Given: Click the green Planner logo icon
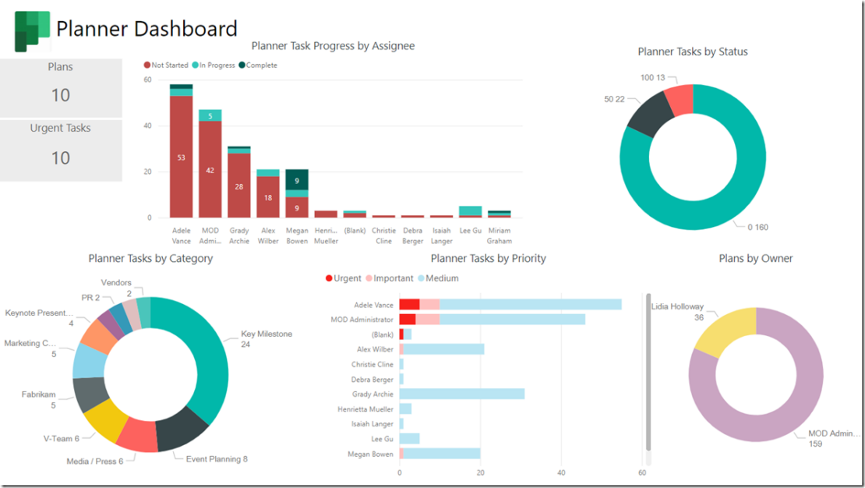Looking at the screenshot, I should (32, 30).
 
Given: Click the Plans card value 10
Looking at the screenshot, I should (61, 95).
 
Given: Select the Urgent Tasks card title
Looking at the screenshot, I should (61, 128).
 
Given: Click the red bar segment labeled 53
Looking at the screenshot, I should (182, 157).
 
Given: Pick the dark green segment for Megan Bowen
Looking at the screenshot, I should (297, 179).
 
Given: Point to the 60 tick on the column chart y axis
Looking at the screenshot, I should (147, 80).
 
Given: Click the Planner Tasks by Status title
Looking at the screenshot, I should (692, 51).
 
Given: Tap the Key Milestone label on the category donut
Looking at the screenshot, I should (266, 334).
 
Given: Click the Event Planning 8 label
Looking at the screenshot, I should (217, 459).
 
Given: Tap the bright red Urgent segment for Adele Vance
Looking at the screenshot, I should (409, 305).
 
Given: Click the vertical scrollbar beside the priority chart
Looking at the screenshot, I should (648, 372).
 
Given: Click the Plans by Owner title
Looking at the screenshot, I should (755, 258).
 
